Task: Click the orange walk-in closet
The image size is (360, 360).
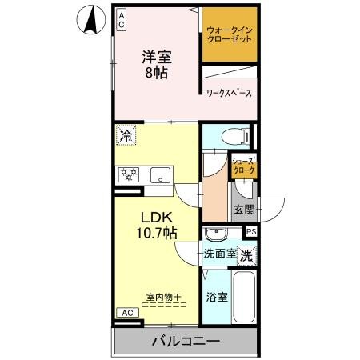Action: click(x=230, y=37)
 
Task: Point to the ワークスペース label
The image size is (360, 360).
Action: click(x=229, y=94)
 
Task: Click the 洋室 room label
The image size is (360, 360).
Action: click(x=158, y=57)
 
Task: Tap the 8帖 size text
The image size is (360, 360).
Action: click(x=158, y=74)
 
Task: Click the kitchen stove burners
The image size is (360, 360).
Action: click(x=129, y=173)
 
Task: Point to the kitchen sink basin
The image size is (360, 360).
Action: click(x=159, y=173)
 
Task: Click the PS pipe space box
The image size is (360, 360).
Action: click(x=251, y=232)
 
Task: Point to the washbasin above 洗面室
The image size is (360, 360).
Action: click(x=215, y=234)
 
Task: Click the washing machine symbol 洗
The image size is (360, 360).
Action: click(x=247, y=256)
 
